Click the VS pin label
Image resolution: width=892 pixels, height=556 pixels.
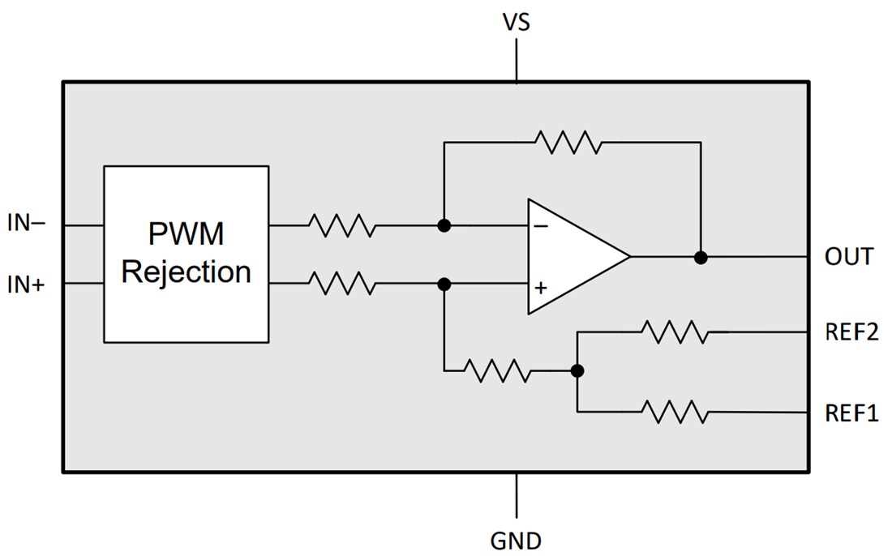click(516, 22)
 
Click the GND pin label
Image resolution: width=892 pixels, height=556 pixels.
click(516, 540)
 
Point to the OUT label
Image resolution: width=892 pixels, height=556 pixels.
click(848, 257)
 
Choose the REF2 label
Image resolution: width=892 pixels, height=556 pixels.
click(851, 331)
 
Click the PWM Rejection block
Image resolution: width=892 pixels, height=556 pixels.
click(186, 254)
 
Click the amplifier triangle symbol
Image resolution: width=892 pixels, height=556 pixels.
click(572, 256)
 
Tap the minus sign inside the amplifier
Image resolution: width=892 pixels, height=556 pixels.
click(541, 226)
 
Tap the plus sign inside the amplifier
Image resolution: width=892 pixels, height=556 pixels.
click(541, 287)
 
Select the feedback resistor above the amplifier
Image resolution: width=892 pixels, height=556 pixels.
click(568, 143)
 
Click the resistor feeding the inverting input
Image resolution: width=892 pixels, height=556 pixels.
click(341, 225)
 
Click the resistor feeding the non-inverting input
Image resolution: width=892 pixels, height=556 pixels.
click(341, 284)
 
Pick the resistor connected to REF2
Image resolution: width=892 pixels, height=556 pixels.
click(674, 331)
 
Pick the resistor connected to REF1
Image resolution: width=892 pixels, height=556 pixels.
click(674, 412)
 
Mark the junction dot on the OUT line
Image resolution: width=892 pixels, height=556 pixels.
click(701, 257)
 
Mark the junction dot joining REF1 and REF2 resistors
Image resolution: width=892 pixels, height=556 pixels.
click(577, 371)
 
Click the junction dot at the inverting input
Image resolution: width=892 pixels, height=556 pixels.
click(444, 225)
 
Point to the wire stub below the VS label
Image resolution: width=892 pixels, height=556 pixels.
click(517, 60)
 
